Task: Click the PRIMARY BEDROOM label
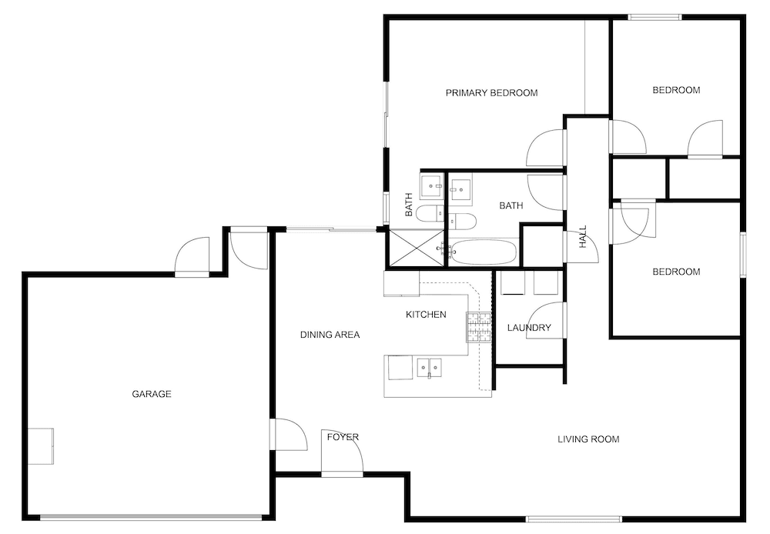coord(491,93)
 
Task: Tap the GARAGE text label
coord(151,394)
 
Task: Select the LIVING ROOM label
coord(588,439)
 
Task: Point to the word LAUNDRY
coord(529,328)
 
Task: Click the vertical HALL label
coord(583,236)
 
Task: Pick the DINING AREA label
coord(330,335)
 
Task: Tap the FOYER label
coord(343,437)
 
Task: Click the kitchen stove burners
coord(478,327)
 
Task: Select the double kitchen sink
coord(429,368)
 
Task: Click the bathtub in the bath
coord(483,252)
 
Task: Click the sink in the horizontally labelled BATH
coord(461,187)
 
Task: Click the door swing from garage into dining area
coord(286,435)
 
